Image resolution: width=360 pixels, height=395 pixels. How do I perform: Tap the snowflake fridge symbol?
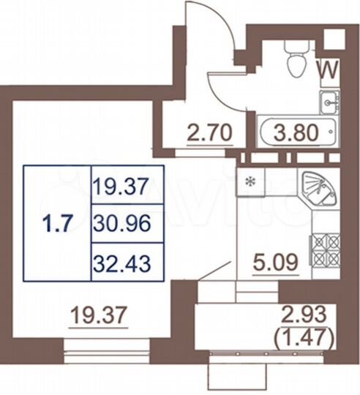pos(250,181)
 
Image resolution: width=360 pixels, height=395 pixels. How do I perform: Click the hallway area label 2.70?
pos(209,134)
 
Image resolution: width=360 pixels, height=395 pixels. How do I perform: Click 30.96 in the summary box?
pos(122,225)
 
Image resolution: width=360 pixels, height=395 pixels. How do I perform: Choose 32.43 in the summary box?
pos(122,262)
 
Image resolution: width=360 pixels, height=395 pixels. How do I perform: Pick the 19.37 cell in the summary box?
pos(122,188)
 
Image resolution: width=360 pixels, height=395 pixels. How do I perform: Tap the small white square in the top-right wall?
pos(334,38)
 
